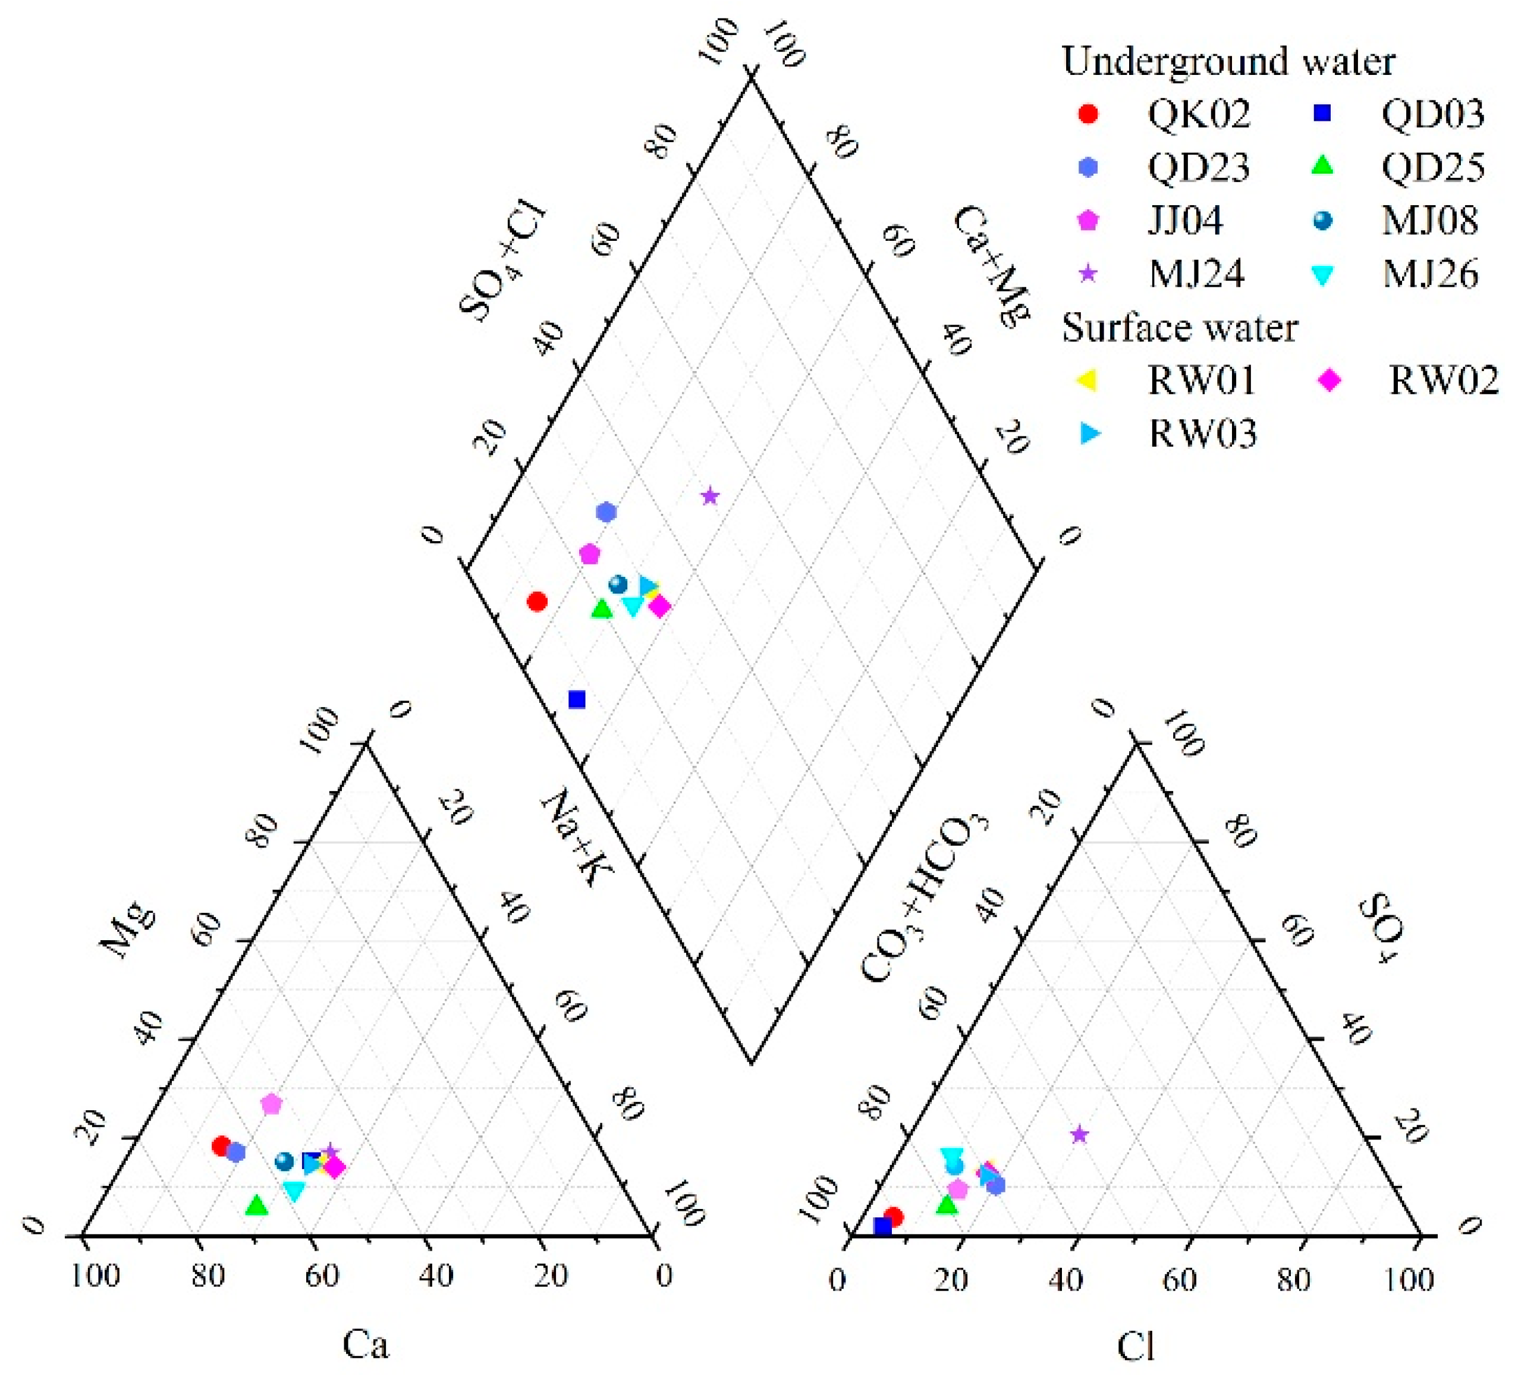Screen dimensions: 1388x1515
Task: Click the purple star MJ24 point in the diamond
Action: pyautogui.click(x=710, y=497)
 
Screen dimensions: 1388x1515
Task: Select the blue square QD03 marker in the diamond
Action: pyautogui.click(x=576, y=699)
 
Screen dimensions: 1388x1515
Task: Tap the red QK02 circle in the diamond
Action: pyautogui.click(x=536, y=601)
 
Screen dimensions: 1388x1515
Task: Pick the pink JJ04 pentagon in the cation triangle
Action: pyautogui.click(x=271, y=1104)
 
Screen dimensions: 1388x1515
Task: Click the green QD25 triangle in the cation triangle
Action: pyautogui.click(x=257, y=1205)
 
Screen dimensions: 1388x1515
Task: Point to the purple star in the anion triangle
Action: pyautogui.click(x=1079, y=1135)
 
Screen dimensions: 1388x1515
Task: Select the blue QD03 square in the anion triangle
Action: pyautogui.click(x=882, y=1227)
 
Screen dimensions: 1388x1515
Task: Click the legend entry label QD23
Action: pyautogui.click(x=1198, y=167)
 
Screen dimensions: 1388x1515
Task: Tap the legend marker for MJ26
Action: pyautogui.click(x=1322, y=275)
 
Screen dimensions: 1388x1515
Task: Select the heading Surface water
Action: pyautogui.click(x=1180, y=328)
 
